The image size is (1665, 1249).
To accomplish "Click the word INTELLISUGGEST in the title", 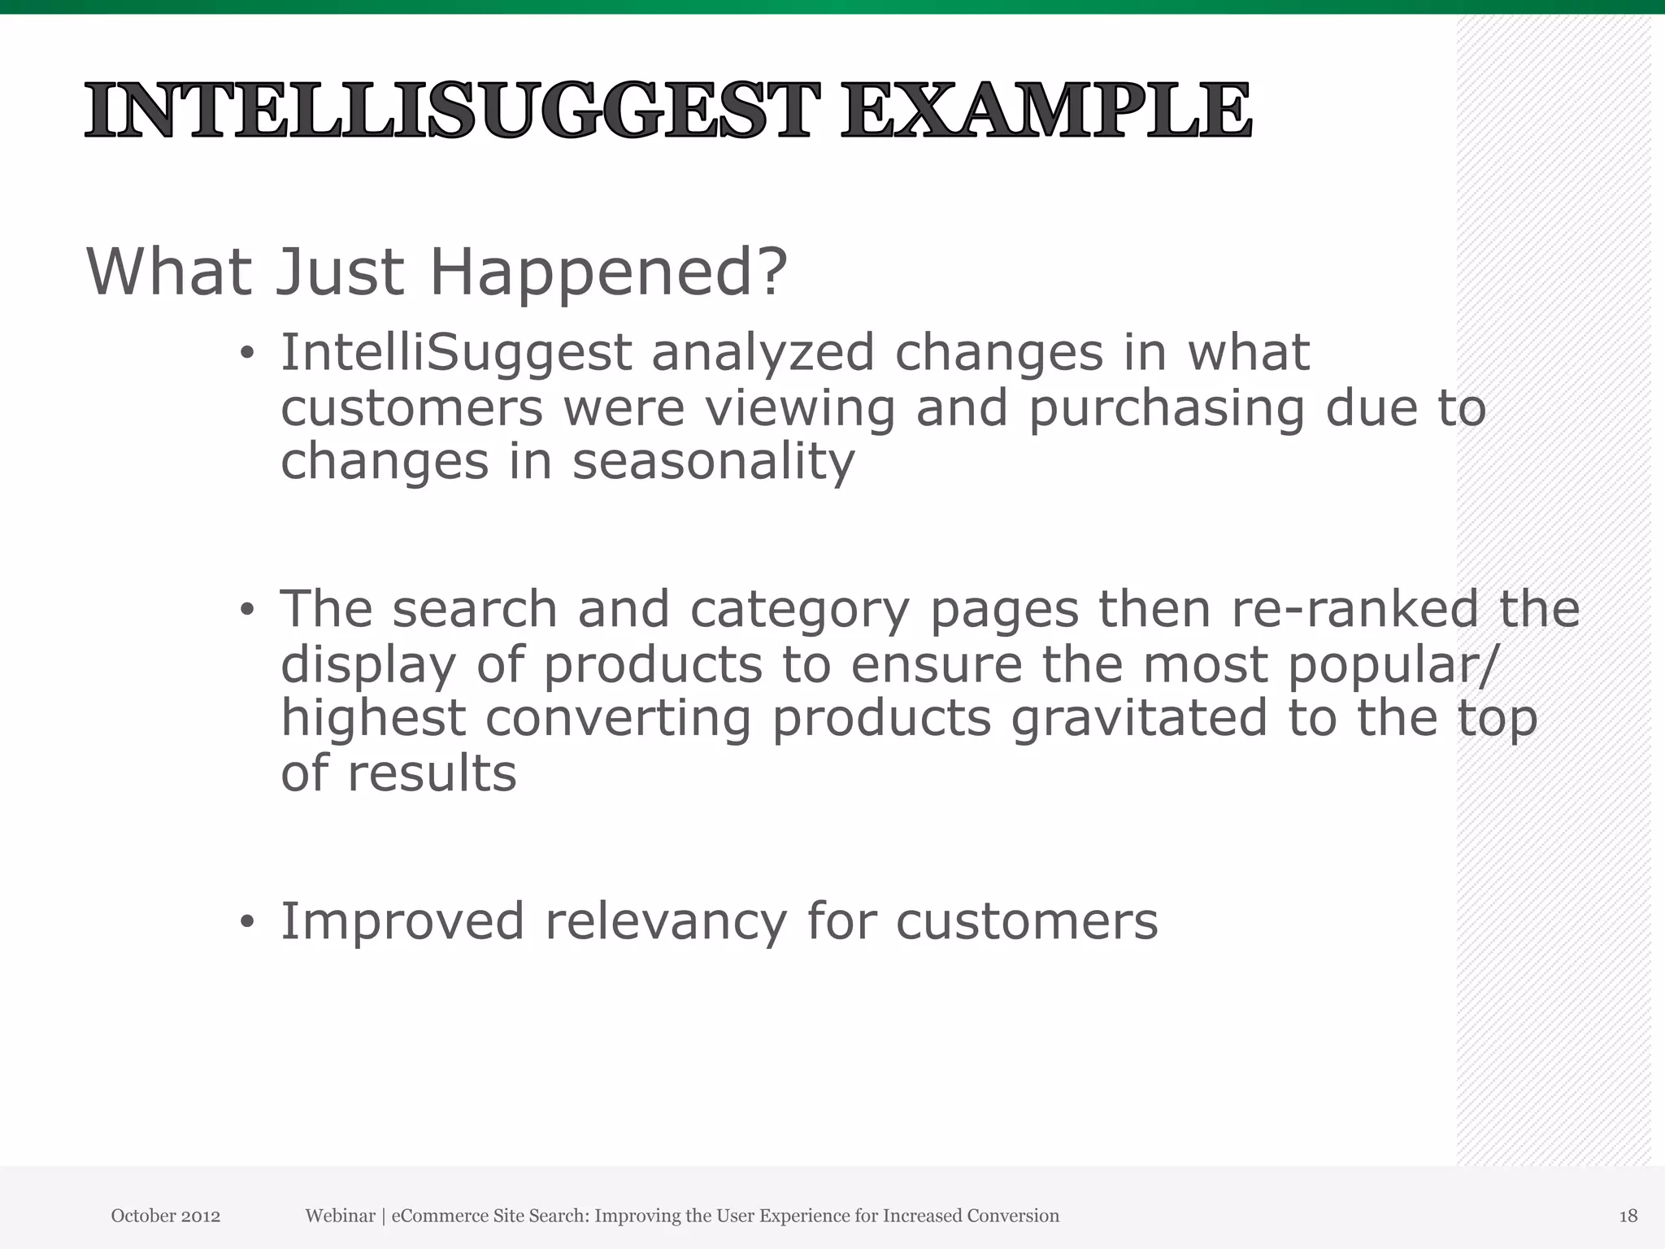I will click(x=451, y=111).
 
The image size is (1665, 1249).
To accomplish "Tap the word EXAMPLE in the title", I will click(x=1046, y=111).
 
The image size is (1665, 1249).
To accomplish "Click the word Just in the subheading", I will click(x=339, y=271).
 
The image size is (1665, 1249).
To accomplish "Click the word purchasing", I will click(x=1167, y=408).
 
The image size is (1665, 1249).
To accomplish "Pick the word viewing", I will click(x=800, y=408).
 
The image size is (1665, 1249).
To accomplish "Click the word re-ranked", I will click(x=1355, y=608).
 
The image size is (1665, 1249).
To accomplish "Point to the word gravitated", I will click(x=1139, y=718).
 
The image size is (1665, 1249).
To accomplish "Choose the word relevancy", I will click(x=666, y=922).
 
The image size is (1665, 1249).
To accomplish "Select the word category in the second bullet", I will click(x=799, y=610).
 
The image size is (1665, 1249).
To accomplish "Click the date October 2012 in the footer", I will click(x=166, y=1216).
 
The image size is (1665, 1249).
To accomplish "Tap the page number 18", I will click(x=1628, y=1216).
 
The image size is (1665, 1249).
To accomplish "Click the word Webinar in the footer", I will click(x=340, y=1216).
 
